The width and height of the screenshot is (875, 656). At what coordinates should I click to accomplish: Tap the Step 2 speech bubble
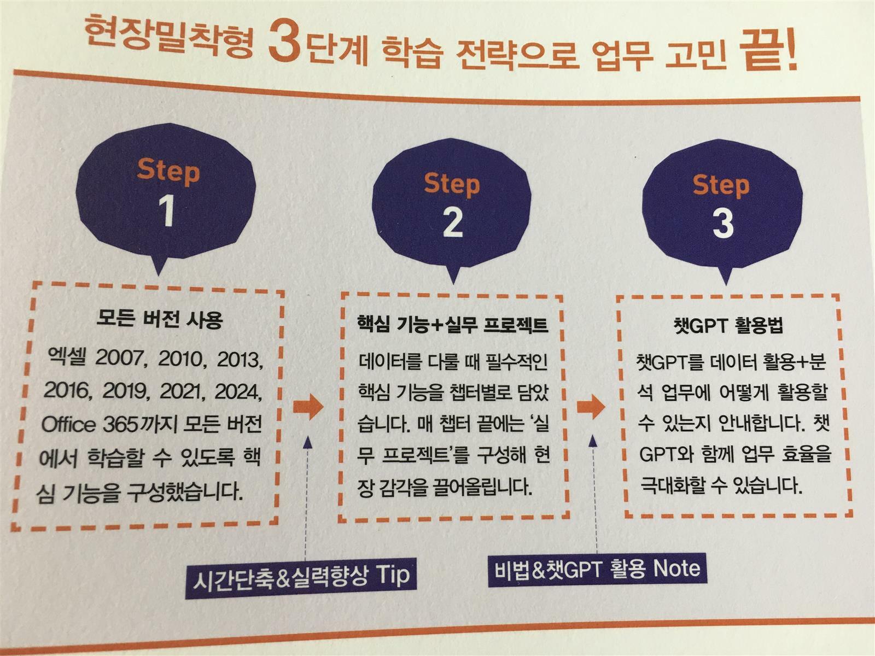point(452,207)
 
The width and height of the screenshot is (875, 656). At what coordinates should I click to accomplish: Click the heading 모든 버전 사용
point(160,319)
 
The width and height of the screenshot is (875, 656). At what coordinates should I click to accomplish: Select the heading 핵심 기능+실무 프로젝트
point(452,325)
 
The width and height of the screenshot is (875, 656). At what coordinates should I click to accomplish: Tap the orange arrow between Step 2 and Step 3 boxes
point(591,407)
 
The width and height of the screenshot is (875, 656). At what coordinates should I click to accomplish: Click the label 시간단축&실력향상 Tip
point(301,576)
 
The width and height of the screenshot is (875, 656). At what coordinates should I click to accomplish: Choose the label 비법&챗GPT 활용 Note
point(597,569)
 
